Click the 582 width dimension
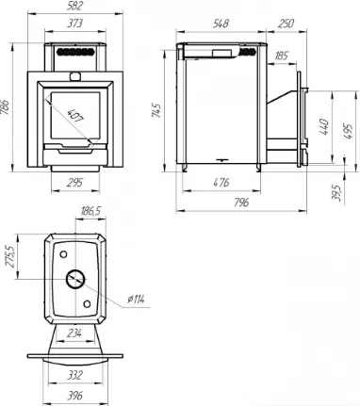pyautogui.click(x=74, y=6)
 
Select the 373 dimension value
pyautogui.click(x=74, y=24)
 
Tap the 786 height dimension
pyautogui.click(x=5, y=107)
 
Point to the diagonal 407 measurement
pyautogui.click(x=75, y=116)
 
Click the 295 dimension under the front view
pyautogui.click(x=74, y=183)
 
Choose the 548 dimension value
pyautogui.click(x=221, y=24)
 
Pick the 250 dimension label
pyautogui.click(x=286, y=24)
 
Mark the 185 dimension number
pyautogui.click(x=281, y=56)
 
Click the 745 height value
pyautogui.click(x=156, y=110)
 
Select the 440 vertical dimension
pyautogui.click(x=324, y=126)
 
